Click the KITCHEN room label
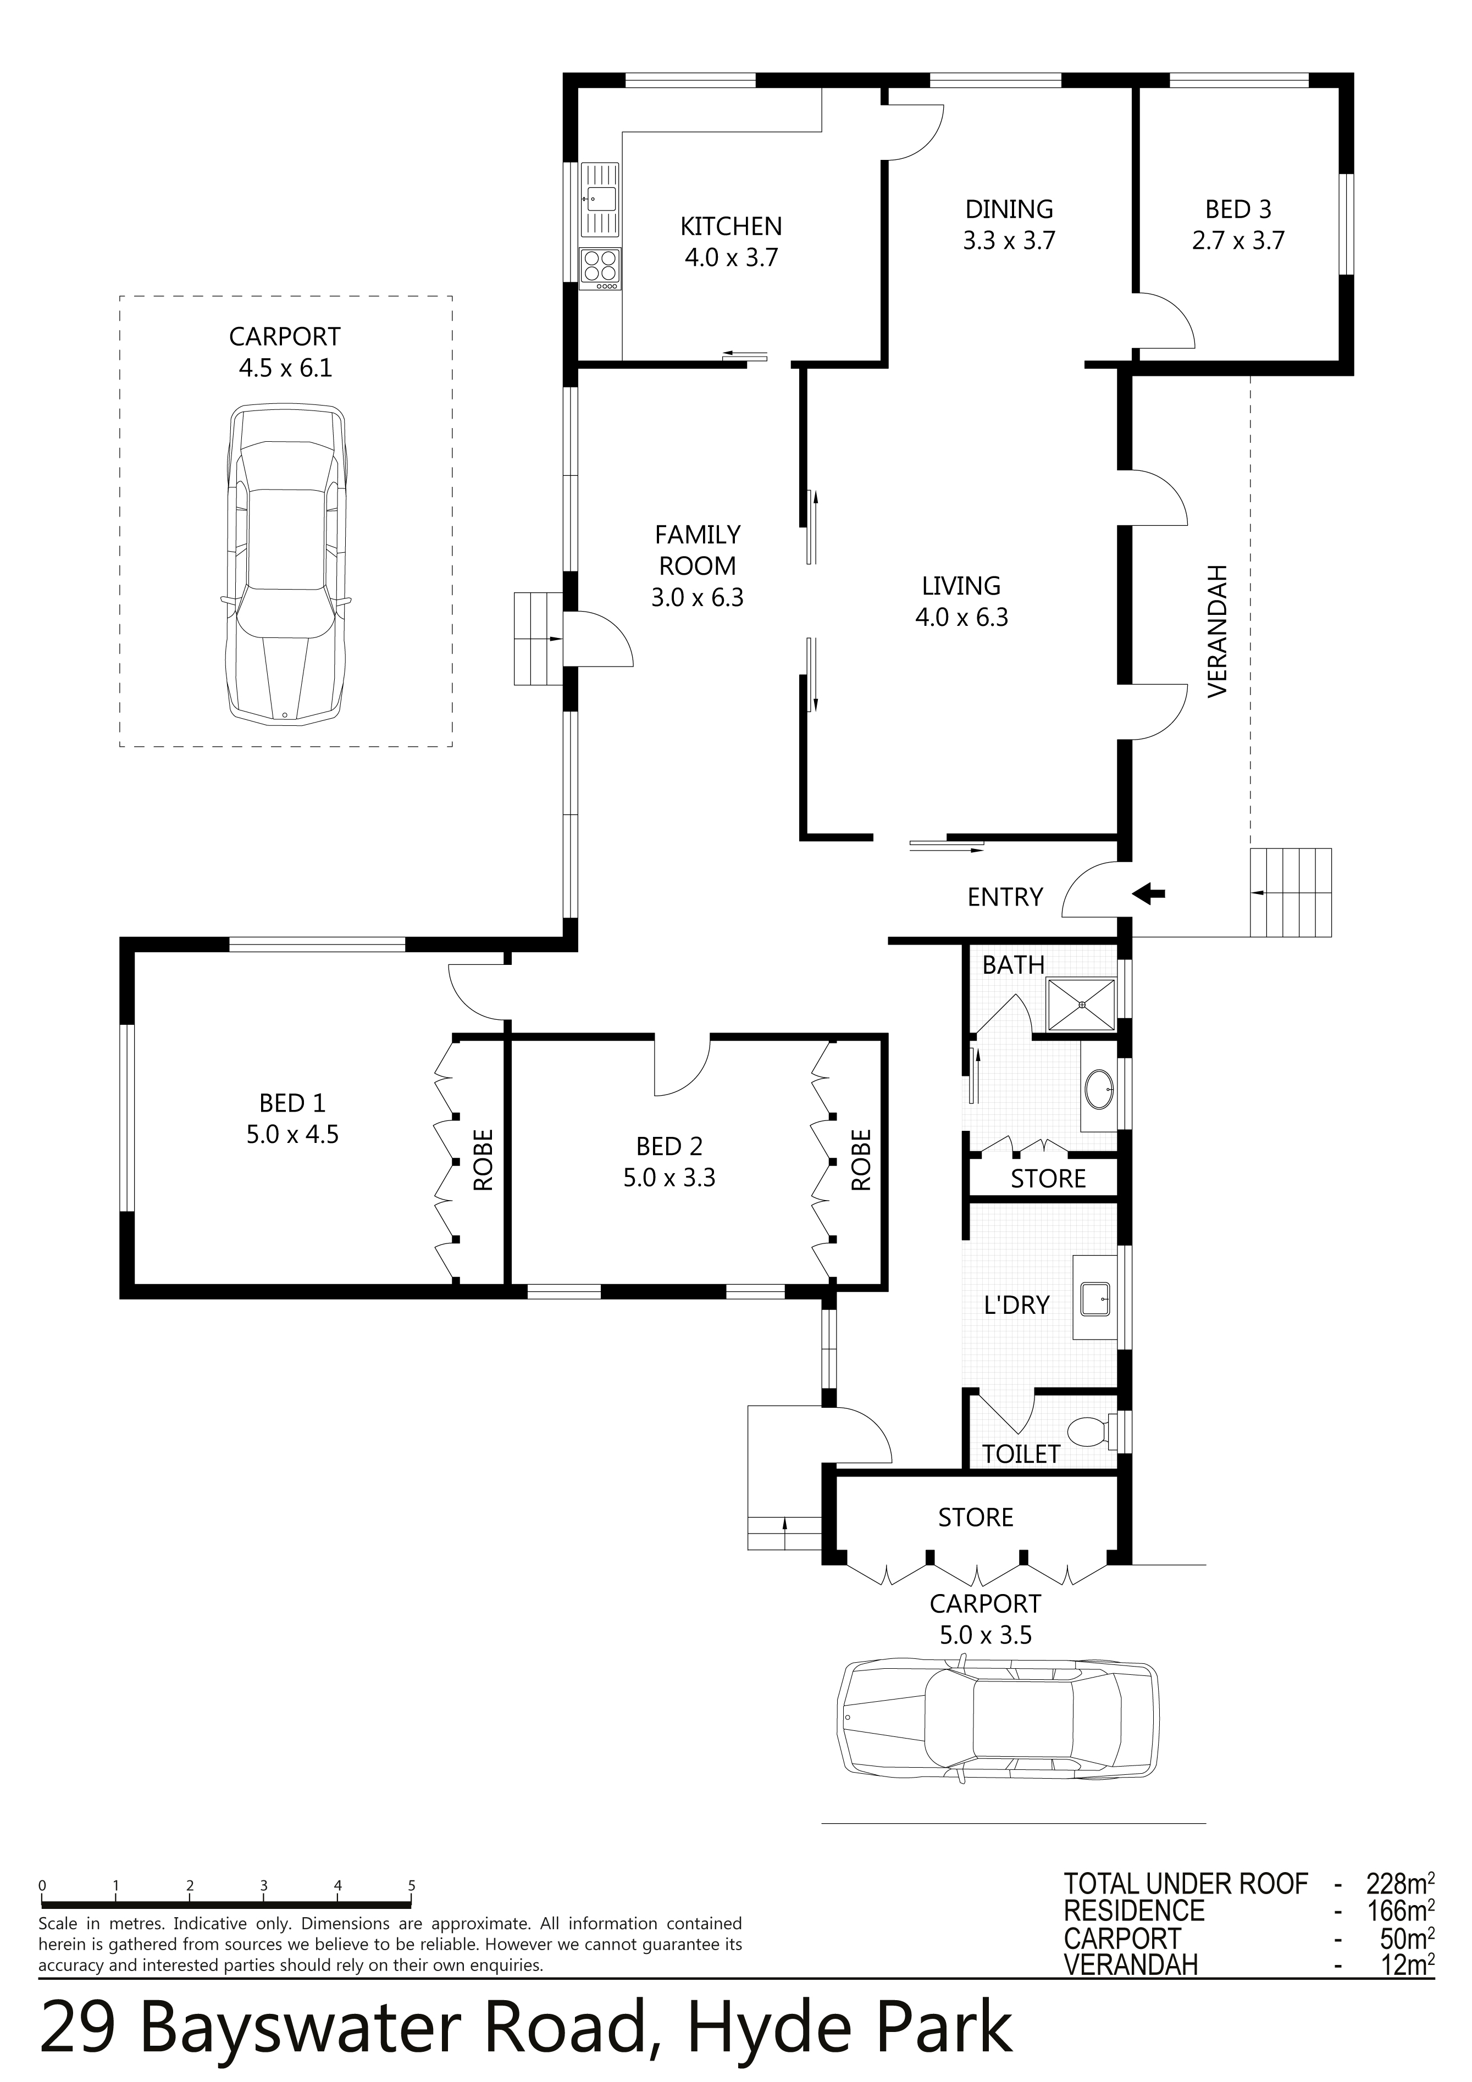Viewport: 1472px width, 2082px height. coord(731,226)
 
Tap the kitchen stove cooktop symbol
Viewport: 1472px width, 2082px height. coord(600,269)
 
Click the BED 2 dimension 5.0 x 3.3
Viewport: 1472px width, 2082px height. coord(669,1177)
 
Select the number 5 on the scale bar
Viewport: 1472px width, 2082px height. coord(412,1885)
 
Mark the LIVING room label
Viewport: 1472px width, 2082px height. coord(961,586)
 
